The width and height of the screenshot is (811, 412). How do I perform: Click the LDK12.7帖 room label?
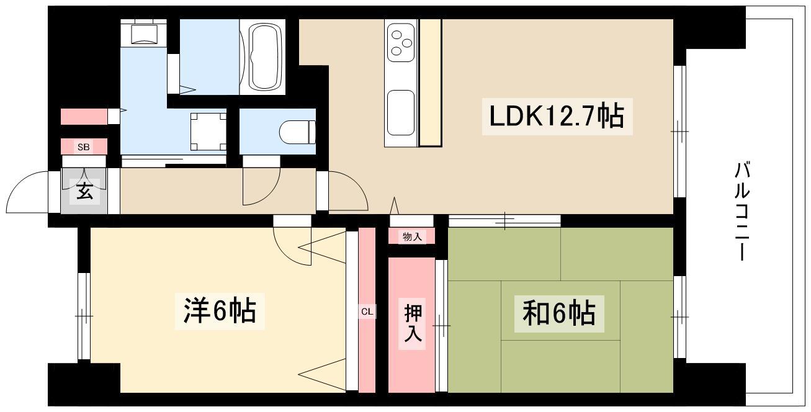tap(557, 116)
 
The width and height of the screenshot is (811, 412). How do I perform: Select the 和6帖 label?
tap(554, 314)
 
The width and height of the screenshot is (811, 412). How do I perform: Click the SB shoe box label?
tap(83, 147)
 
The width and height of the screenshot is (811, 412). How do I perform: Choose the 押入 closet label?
tap(411, 323)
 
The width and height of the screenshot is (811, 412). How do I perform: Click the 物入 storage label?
tap(411, 236)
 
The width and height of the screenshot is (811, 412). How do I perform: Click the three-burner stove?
tap(400, 42)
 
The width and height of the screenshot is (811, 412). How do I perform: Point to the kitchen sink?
tap(400, 112)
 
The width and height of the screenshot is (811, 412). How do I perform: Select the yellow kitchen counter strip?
tap(431, 82)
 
